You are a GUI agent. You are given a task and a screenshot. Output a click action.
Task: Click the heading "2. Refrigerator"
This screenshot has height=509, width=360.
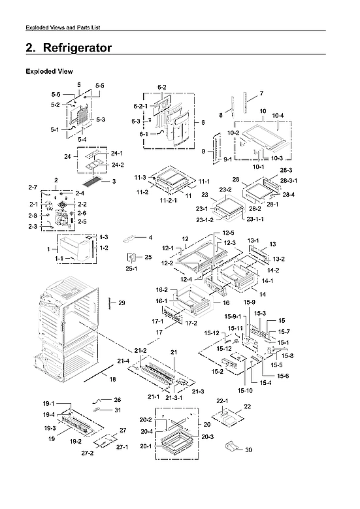[68, 48]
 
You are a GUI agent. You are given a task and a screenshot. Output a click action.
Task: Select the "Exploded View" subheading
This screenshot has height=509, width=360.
[48, 71]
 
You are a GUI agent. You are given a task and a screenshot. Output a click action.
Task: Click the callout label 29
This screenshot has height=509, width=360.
[121, 303]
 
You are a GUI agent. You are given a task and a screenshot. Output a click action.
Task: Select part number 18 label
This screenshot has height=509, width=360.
[112, 380]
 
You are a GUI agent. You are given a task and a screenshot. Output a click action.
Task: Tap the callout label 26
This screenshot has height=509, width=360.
[117, 399]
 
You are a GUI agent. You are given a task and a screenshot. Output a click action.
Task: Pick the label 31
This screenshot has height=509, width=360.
[117, 410]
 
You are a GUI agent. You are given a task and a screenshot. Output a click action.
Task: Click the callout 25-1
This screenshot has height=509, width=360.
[131, 269]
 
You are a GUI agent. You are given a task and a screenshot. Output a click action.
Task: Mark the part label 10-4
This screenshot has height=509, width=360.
[278, 116]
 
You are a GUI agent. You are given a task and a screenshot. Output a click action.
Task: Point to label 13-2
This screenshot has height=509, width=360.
[279, 259]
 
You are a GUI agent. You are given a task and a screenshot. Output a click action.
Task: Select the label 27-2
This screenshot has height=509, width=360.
[88, 453]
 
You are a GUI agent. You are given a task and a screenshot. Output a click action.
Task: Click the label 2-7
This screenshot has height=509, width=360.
[32, 188]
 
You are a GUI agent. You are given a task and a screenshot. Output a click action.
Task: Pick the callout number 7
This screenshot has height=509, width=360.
[261, 93]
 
